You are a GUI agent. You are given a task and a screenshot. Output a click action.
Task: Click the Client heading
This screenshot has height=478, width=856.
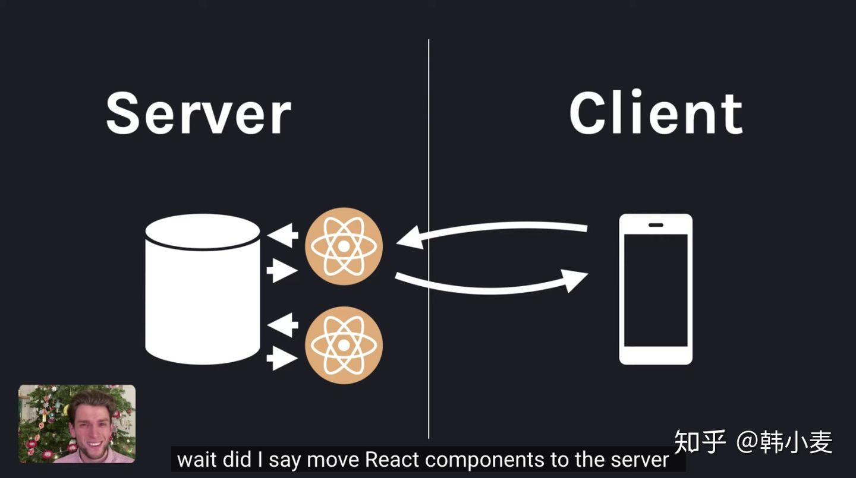[656, 113]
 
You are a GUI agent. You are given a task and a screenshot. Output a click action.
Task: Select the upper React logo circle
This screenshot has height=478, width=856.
[344, 246]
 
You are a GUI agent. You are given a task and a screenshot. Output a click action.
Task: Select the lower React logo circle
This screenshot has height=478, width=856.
[344, 345]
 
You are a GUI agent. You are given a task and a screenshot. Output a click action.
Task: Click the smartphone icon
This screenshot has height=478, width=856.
[656, 289]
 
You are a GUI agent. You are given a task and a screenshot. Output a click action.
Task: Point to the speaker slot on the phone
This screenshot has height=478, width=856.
[656, 225]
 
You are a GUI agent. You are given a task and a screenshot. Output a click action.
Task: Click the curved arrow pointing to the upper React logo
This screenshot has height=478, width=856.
[493, 230]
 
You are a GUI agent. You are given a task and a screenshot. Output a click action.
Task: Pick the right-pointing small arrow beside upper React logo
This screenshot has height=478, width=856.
[282, 271]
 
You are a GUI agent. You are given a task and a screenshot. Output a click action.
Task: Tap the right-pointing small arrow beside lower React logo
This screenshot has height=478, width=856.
[282, 358]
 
